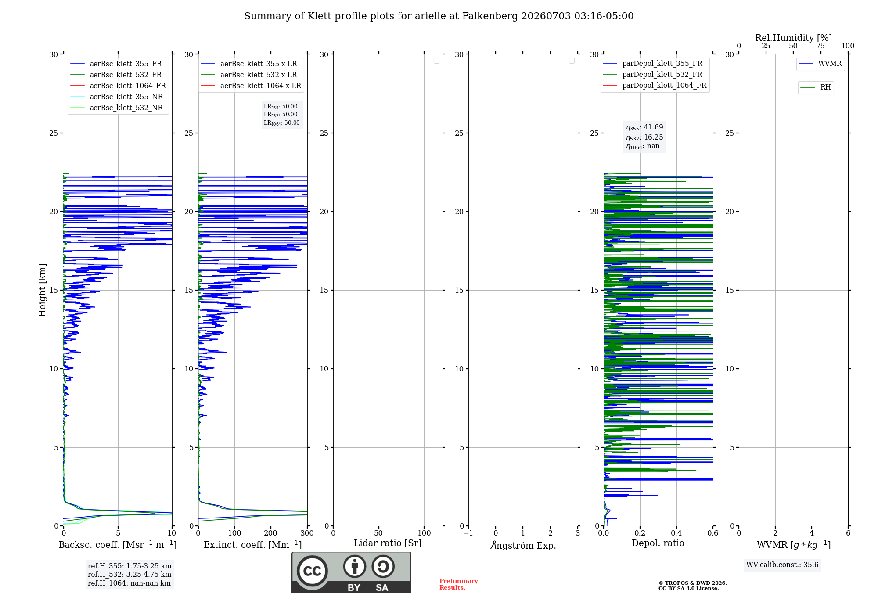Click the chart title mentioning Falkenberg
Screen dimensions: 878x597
[x=439, y=16]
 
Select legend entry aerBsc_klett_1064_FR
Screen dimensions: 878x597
[x=118, y=86]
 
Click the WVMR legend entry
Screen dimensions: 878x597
[x=820, y=64]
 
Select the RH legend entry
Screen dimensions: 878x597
[x=815, y=87]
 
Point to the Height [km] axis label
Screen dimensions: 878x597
[x=42, y=290]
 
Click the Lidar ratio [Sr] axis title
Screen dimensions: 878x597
[x=388, y=543]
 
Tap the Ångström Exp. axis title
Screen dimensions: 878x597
[x=523, y=545]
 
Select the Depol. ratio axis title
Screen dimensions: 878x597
[x=658, y=543]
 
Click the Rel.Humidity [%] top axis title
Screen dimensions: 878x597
[x=793, y=38]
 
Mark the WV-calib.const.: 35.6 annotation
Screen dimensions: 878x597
[x=782, y=565]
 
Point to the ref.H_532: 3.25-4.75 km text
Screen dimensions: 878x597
[x=130, y=574]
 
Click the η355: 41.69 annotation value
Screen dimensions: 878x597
[x=644, y=127]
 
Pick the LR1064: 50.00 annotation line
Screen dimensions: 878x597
[x=281, y=123]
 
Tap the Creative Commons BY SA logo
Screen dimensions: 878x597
[x=351, y=572]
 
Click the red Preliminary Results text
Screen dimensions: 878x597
[x=458, y=584]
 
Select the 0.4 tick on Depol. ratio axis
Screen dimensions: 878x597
[x=676, y=533]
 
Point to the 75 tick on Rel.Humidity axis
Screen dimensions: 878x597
[x=820, y=46]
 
